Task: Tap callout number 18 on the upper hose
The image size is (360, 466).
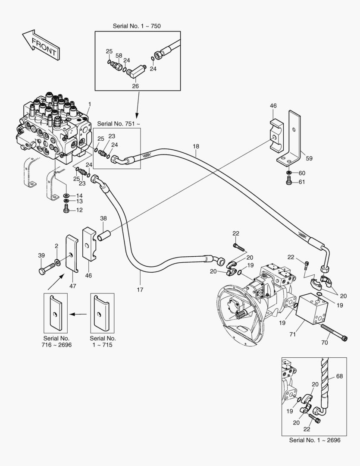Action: tap(196, 147)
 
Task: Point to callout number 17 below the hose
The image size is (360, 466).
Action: tap(140, 290)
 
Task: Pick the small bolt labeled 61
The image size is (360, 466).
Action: tap(289, 182)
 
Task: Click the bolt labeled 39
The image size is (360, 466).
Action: tap(44, 271)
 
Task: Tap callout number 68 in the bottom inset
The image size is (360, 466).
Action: tap(339, 377)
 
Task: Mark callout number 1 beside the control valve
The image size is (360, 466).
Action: tap(89, 104)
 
